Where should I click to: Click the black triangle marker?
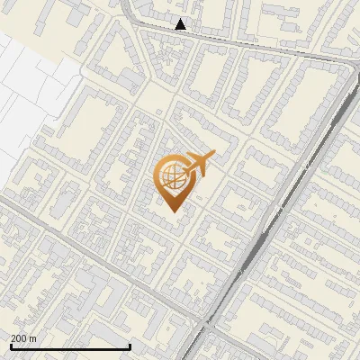tap(181, 24)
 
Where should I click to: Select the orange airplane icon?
tap(198, 166)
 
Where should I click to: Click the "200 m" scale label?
tap(23, 338)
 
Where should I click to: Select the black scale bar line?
tap(70, 346)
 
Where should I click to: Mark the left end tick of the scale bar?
tap(11, 346)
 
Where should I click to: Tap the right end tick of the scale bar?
tap(130, 346)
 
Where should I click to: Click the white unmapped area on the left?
tap(27, 81)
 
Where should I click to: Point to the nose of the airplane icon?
tap(213, 156)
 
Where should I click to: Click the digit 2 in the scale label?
tap(13, 338)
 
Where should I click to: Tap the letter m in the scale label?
tap(32, 338)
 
